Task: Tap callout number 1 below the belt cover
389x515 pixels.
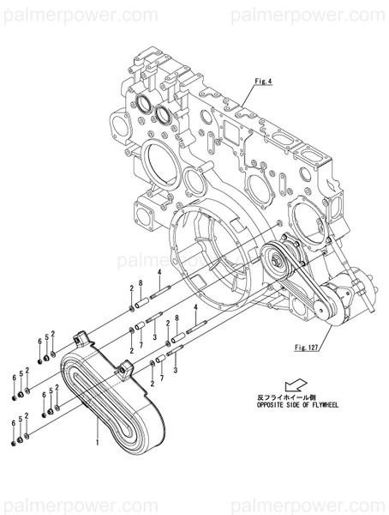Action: click(x=99, y=443)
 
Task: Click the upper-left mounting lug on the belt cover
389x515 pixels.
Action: click(x=82, y=337)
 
